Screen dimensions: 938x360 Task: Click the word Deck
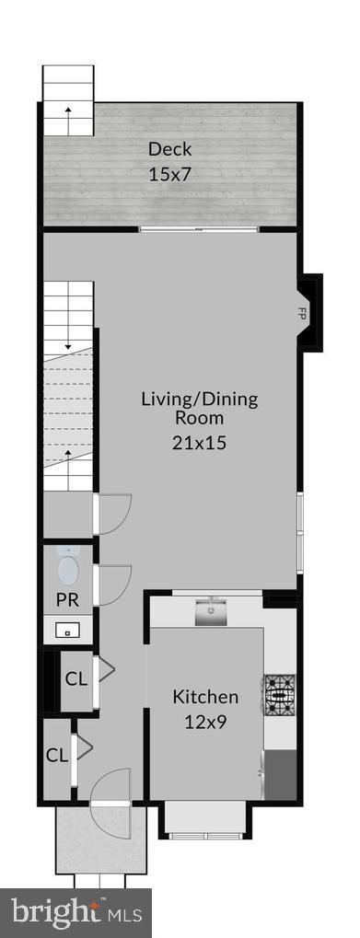coord(170,149)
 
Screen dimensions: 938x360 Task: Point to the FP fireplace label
coord(301,313)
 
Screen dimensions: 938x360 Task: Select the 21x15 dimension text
coord(199,443)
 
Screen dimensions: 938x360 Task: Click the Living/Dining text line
coord(199,400)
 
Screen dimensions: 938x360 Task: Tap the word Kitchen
coord(205,697)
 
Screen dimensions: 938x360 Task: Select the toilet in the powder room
coord(68,567)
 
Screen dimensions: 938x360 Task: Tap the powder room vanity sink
coord(68,631)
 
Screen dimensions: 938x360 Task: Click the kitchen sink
coord(211,610)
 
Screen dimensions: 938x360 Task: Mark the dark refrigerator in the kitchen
coord(280,774)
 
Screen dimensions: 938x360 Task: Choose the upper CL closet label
coord(75,680)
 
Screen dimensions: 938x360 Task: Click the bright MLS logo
coord(75,912)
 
